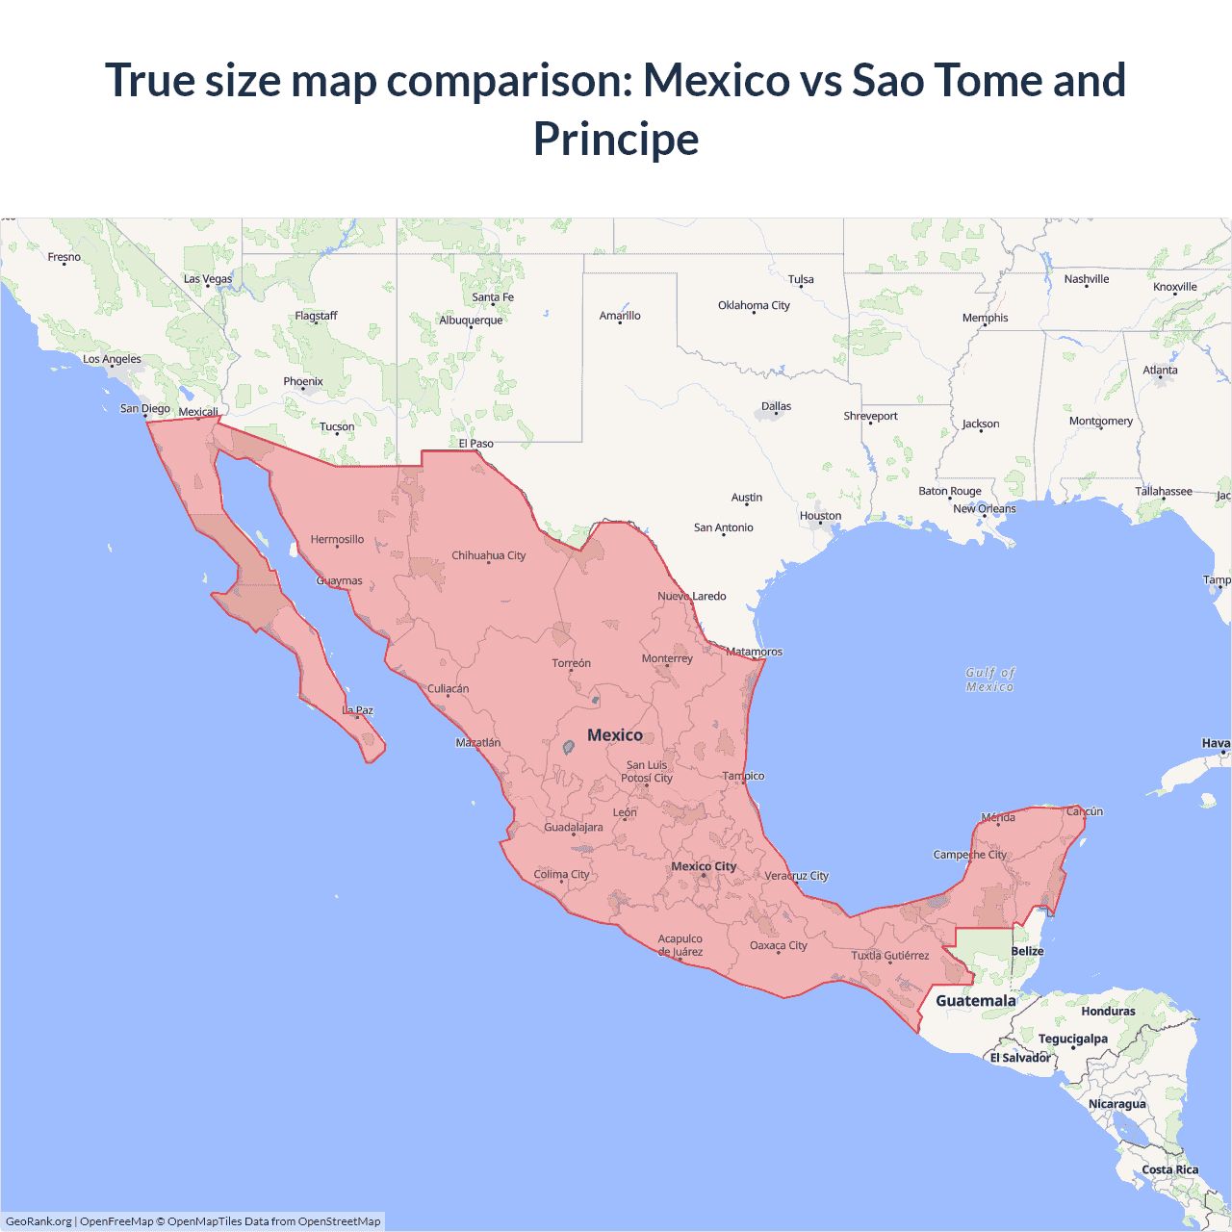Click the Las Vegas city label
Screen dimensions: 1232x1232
pyautogui.click(x=208, y=279)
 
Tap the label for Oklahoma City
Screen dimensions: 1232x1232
pyautogui.click(x=754, y=305)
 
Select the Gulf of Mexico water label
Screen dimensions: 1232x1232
pyautogui.click(x=989, y=680)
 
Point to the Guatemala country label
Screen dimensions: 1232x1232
pyautogui.click(x=975, y=1001)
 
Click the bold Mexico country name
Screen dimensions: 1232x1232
pyautogui.click(x=615, y=735)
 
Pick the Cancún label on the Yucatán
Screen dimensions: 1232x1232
pyautogui.click(x=1085, y=811)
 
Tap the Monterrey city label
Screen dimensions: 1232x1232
pyautogui.click(x=667, y=658)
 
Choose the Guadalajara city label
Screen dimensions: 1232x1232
pyautogui.click(x=574, y=827)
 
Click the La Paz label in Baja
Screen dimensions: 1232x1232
pyautogui.click(x=358, y=710)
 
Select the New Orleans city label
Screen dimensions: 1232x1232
pyautogui.click(x=984, y=508)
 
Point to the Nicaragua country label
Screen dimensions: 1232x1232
pyautogui.click(x=1116, y=1104)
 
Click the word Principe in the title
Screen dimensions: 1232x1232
pyautogui.click(x=616, y=139)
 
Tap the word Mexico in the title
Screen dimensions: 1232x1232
pyautogui.click(x=716, y=80)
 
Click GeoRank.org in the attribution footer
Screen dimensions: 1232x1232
pyautogui.click(x=38, y=1221)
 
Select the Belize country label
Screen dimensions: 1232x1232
pyautogui.click(x=1027, y=951)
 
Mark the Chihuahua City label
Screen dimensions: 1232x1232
pyautogui.click(x=489, y=555)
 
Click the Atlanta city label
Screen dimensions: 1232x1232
pyautogui.click(x=1160, y=370)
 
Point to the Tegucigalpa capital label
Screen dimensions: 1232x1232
pyautogui.click(x=1072, y=1039)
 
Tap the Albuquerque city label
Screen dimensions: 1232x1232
pyautogui.click(x=471, y=321)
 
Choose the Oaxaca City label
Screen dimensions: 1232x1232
pyautogui.click(x=779, y=945)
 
